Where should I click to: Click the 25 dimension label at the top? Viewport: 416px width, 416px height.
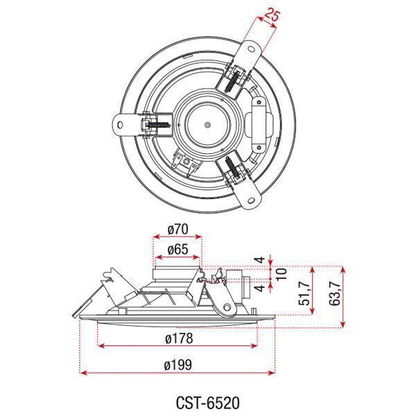272,15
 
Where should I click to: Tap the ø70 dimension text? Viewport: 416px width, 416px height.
177,229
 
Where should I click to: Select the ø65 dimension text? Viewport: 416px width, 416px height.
177,250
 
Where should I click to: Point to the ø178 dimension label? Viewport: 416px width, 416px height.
179,338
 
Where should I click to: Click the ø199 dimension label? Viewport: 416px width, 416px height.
178,365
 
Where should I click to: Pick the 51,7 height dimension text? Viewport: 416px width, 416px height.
304,293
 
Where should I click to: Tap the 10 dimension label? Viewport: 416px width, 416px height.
281,274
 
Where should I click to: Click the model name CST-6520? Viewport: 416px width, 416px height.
208,402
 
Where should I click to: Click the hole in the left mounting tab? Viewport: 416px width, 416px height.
120,124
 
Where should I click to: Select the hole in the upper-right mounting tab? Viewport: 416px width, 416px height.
251,49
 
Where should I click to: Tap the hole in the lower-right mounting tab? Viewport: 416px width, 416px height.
251,200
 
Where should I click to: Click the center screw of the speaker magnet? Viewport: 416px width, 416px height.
207,124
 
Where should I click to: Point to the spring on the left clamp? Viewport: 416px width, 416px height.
158,125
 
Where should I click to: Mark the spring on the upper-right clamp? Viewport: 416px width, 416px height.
232,82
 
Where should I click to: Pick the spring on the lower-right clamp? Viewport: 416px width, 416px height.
232,167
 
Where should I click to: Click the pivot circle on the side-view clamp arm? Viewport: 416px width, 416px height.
227,308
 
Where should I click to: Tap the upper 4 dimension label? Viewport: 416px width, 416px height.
261,259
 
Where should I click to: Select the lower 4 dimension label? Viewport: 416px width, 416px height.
261,287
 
